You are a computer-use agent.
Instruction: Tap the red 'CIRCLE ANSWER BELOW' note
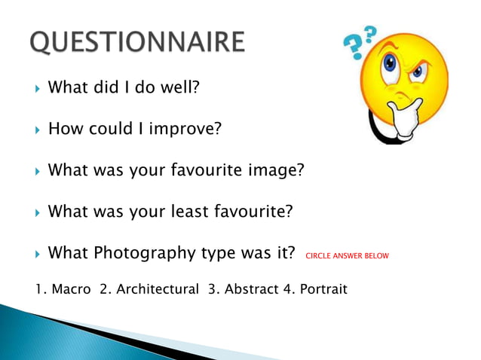point(347,256)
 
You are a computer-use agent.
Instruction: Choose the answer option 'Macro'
point(72,289)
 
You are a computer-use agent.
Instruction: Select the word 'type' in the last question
point(207,254)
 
